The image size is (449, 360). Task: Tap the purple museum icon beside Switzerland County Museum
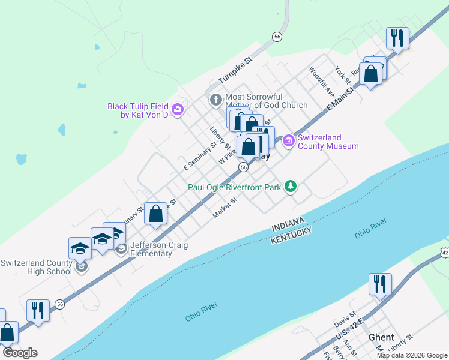pyautogui.click(x=289, y=141)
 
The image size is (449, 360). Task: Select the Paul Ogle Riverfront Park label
pyautogui.click(x=235, y=187)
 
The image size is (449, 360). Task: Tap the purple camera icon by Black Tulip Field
pyautogui.click(x=178, y=109)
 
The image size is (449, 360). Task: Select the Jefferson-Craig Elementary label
pyautogui.click(x=151, y=248)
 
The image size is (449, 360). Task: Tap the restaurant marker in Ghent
pyautogui.click(x=381, y=284)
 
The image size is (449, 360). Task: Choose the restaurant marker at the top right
pyautogui.click(x=397, y=38)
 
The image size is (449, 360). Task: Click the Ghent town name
pyautogui.click(x=382, y=337)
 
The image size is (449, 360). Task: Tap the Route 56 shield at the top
pyautogui.click(x=277, y=37)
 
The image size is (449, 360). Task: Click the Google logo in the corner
pyautogui.click(x=20, y=353)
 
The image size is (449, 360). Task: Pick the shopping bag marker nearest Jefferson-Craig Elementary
pyautogui.click(x=155, y=214)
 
